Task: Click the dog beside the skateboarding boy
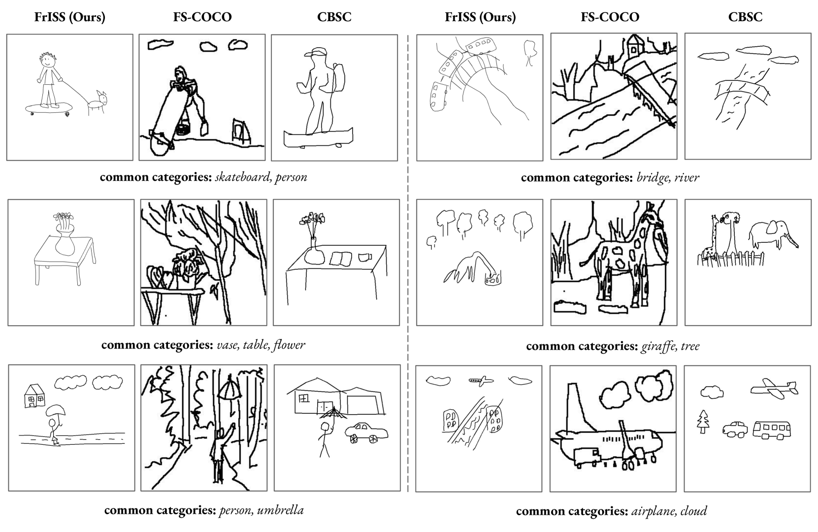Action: point(97,102)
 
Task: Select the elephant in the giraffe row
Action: point(773,234)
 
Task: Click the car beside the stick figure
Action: point(366,433)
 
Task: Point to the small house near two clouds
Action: point(34,396)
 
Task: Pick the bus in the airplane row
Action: point(772,430)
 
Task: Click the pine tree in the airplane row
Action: point(703,421)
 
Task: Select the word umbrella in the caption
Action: point(280,510)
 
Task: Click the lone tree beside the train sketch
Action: point(530,53)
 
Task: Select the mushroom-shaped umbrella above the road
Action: point(56,410)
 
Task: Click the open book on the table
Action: point(341,259)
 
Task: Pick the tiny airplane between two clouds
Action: point(481,381)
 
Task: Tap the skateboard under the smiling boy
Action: point(49,108)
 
